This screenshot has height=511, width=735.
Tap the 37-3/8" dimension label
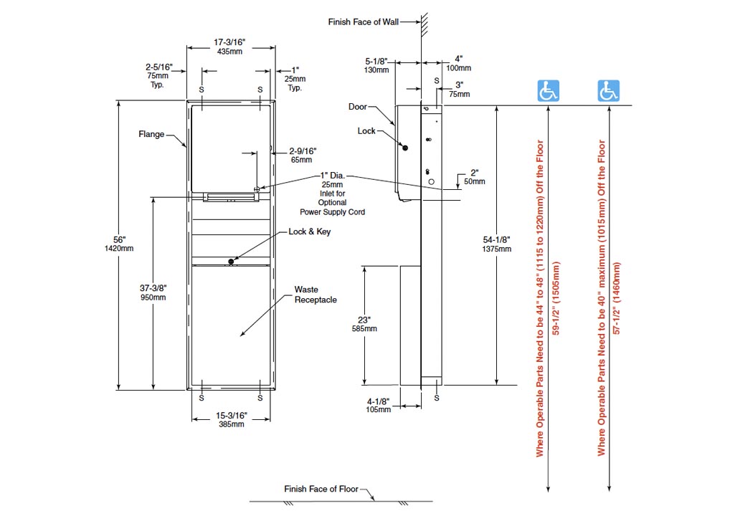(153, 287)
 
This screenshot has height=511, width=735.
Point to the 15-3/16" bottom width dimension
(231, 415)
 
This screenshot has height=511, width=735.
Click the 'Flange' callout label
(151, 134)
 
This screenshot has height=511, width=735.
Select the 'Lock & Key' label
(310, 231)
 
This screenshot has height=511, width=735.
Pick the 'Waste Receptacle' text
(316, 295)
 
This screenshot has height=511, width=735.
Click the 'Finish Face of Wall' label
(363, 22)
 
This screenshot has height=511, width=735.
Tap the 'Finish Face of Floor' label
(321, 489)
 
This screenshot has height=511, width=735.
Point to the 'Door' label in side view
(357, 107)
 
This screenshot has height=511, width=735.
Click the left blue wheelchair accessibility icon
(549, 91)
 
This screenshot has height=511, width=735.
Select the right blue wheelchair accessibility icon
(609, 91)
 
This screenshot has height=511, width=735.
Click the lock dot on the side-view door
(405, 148)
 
